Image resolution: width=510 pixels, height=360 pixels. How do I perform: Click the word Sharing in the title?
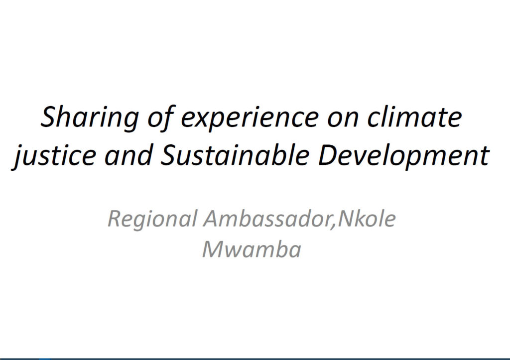pyautogui.click(x=90, y=119)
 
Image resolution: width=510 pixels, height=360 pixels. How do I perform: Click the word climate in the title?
pyautogui.click(x=414, y=117)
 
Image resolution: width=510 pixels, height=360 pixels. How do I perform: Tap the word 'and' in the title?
pyautogui.click(x=129, y=155)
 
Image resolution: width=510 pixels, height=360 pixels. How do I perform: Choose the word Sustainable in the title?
pyautogui.click(x=235, y=155)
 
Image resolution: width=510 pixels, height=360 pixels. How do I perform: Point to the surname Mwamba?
pyautogui.click(x=252, y=249)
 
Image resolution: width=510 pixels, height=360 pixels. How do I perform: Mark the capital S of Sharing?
pyautogui.click(x=50, y=117)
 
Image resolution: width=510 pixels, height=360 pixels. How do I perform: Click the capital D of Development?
pyautogui.click(x=328, y=155)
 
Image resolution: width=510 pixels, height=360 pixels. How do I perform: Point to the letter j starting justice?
pyautogui.click(x=19, y=157)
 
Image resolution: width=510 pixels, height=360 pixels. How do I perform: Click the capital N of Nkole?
pyautogui.click(x=348, y=219)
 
